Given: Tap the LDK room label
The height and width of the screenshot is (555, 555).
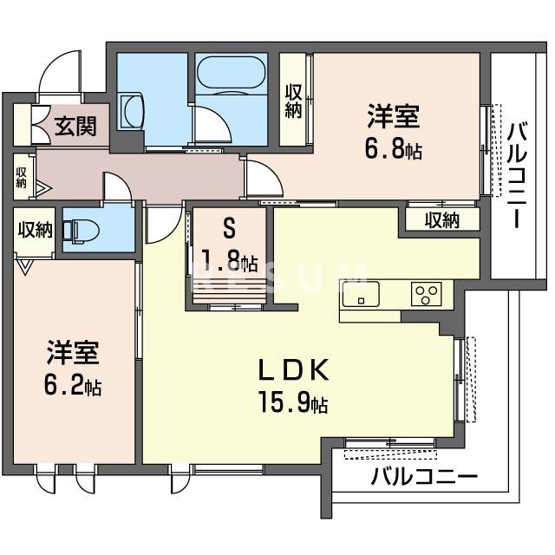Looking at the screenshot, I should (291, 371).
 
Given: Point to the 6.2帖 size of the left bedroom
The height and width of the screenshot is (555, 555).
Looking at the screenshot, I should (73, 386).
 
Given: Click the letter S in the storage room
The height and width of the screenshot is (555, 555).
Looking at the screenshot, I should (229, 229).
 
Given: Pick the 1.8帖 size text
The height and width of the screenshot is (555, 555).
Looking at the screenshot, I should (230, 261).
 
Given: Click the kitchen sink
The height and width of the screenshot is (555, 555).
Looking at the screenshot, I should (356, 294).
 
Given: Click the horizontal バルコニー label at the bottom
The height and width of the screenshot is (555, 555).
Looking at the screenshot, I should (424, 477).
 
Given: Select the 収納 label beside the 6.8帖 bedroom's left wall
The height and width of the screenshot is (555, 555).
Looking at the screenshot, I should (294, 101).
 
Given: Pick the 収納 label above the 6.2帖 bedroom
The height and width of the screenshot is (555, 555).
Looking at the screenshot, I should (34, 230).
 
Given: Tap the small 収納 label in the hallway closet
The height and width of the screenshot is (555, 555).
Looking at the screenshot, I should (21, 177).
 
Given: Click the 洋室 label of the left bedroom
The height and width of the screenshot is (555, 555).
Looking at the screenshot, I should (73, 354).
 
